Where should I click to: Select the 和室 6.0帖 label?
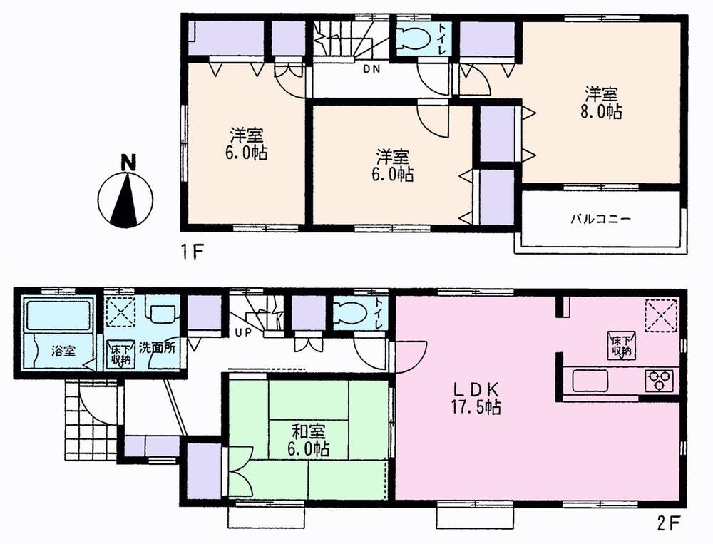click(x=310, y=440)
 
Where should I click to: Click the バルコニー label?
click(x=600, y=220)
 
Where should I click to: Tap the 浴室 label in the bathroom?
click(x=63, y=351)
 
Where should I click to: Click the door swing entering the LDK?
click(x=410, y=355)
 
